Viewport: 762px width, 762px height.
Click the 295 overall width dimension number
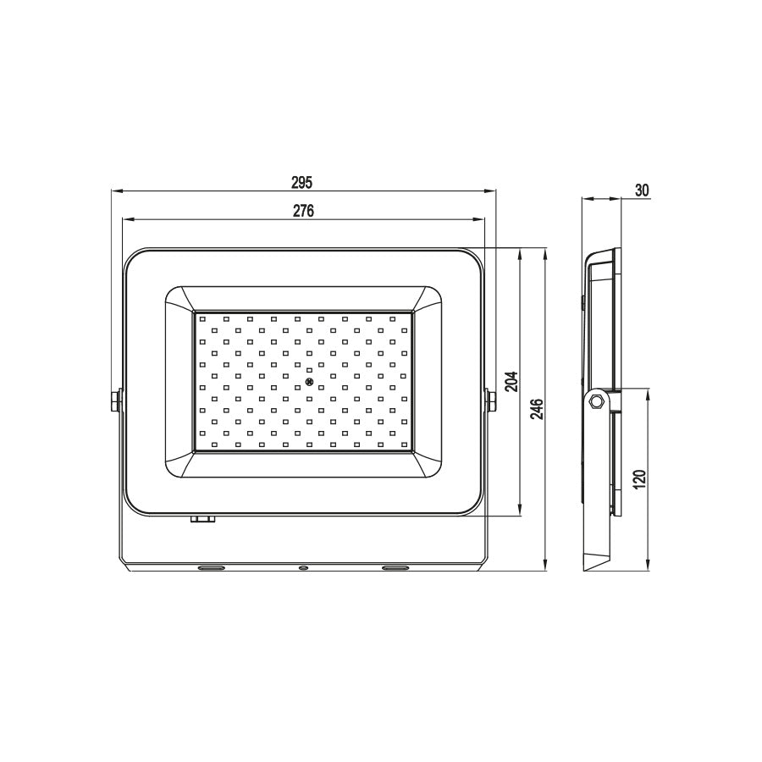(302, 182)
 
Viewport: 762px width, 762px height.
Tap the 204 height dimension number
(511, 383)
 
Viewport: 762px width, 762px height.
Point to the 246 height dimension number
(537, 409)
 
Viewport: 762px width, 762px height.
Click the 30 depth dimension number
(641, 190)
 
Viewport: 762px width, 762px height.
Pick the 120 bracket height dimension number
(640, 479)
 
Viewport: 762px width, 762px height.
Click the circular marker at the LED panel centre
(309, 383)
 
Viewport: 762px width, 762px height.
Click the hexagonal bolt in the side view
(596, 400)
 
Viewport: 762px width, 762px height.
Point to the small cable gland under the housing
(202, 520)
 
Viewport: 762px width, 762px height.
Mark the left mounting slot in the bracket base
(211, 566)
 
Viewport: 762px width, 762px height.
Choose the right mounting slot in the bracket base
(395, 566)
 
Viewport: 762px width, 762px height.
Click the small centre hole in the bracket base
(302, 567)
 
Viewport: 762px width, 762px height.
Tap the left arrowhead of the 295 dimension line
(116, 191)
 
